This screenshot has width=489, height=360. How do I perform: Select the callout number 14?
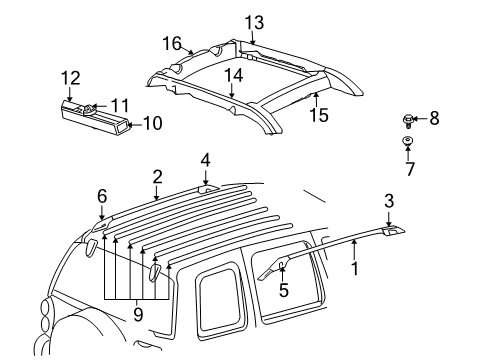[233, 73]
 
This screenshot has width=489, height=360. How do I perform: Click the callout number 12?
[69, 76]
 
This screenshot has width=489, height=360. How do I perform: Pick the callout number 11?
[121, 104]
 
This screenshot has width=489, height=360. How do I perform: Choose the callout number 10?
[153, 124]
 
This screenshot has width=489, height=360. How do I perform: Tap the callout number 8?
[433, 119]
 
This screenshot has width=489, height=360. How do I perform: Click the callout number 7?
[410, 170]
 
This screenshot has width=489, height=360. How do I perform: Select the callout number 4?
[204, 159]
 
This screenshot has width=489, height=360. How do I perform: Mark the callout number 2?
[156, 176]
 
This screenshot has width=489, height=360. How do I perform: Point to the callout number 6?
[101, 197]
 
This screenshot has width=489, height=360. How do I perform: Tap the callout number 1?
[352, 268]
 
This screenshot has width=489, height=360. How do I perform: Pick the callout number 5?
[283, 292]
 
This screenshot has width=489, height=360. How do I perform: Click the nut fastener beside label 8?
[410, 120]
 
